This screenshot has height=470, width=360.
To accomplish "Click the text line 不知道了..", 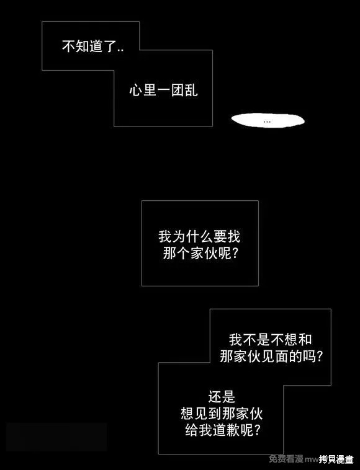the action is click(92, 47).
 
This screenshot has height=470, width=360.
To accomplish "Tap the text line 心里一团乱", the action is click(163, 90).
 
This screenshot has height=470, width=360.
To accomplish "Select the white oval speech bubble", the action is click(268, 120).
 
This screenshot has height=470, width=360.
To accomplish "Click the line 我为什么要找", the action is click(199, 236).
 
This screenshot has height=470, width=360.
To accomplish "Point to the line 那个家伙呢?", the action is click(200, 254).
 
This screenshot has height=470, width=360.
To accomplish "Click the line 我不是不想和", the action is click(270, 339).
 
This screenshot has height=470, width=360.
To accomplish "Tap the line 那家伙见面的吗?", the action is click(271, 357).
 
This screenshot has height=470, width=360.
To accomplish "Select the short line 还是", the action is click(222, 397).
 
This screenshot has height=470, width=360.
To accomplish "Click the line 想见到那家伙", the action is click(222, 414).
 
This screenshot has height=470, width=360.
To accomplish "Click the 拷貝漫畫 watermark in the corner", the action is click(336, 459).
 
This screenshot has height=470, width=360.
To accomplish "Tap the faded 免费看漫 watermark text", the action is click(286, 458).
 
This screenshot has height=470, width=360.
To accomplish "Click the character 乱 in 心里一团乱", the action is click(191, 90).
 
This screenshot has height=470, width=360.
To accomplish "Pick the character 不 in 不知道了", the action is click(69, 47).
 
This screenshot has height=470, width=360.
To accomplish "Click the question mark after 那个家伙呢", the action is click(235, 254).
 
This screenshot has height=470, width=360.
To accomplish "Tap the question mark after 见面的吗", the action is click(320, 357).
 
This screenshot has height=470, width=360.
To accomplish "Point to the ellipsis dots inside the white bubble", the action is click(267, 122).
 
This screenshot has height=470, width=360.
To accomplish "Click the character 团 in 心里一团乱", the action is click(178, 90).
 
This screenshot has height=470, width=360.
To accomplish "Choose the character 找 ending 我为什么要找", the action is click(234, 236).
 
